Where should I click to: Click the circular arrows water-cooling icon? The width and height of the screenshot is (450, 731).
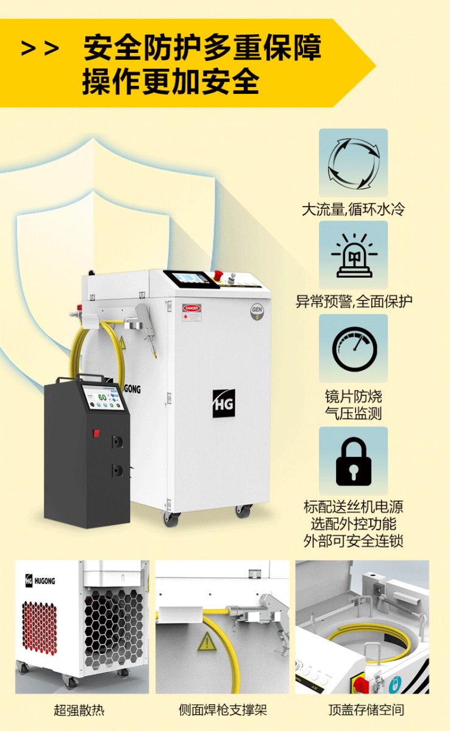click(x=353, y=163)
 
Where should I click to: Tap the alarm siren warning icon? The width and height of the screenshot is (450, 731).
click(x=353, y=255)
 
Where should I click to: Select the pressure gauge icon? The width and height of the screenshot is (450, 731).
click(x=354, y=348)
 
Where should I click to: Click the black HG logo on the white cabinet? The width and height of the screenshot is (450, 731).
click(x=223, y=403)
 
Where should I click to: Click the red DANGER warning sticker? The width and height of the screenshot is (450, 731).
click(x=191, y=308)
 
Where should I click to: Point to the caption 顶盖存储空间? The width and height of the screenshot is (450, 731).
click(x=366, y=710)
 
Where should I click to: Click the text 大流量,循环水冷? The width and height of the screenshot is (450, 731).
click(x=353, y=210)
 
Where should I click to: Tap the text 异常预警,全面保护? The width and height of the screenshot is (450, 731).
click(x=354, y=301)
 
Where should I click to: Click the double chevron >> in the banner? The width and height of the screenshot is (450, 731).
click(x=40, y=49)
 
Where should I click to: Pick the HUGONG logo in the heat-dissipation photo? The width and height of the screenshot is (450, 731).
click(x=40, y=581)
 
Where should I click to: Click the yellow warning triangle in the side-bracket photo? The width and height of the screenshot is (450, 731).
click(x=206, y=641)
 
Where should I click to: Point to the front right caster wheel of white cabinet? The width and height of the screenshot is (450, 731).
click(x=243, y=511)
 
